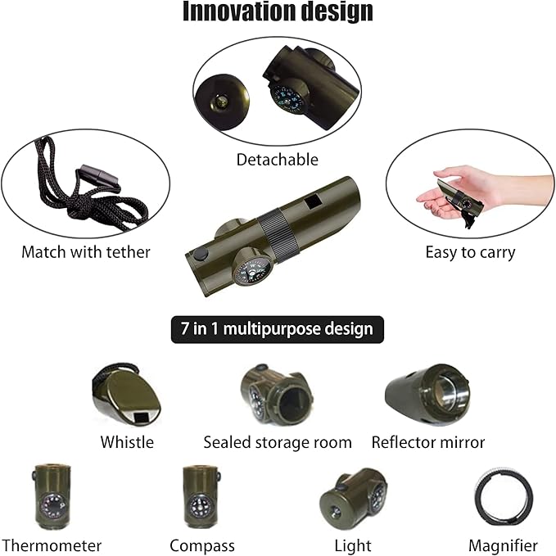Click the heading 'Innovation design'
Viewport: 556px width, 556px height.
point(278,11)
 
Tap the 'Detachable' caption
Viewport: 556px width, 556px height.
point(278,160)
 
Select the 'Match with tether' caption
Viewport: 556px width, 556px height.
point(86,252)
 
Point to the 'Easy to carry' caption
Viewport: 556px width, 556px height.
point(470,253)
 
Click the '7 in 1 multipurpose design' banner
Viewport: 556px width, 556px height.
point(278,329)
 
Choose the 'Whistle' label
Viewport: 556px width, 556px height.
point(127,442)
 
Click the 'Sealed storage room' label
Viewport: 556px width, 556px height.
point(278,442)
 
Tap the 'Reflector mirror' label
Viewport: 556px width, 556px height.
point(428,442)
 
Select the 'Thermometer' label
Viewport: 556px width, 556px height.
point(52,545)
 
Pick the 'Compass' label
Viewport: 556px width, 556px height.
point(202,546)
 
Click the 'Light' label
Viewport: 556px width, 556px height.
point(353,546)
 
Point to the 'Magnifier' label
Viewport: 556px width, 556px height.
point(503,546)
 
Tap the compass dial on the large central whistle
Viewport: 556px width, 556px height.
point(252,271)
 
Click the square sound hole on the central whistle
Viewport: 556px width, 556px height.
point(314,203)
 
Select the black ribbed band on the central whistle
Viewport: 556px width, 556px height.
point(278,235)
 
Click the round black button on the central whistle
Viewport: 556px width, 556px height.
point(201,254)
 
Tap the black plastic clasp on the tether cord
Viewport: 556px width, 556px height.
point(100,176)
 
